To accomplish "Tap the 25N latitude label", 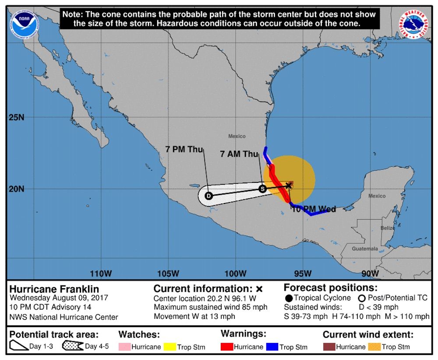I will point(16,117).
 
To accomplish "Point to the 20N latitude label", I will point(16,189).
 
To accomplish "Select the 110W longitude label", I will point(101,274).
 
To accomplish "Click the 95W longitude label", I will point(303,274).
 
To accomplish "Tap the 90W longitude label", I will point(371,274).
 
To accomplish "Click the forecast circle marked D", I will point(208,196).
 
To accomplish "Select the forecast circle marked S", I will point(262,189).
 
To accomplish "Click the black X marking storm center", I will point(289,185).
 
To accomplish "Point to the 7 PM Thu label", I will point(184,150).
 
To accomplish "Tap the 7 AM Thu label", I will point(239,154).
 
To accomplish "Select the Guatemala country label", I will point(365,249).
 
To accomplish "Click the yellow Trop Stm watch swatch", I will point(170,347).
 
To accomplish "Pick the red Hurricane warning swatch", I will point(227,347).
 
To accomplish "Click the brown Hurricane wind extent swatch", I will point(329,347).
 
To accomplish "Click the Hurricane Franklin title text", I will point(54,289).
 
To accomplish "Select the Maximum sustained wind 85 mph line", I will point(211,307).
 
